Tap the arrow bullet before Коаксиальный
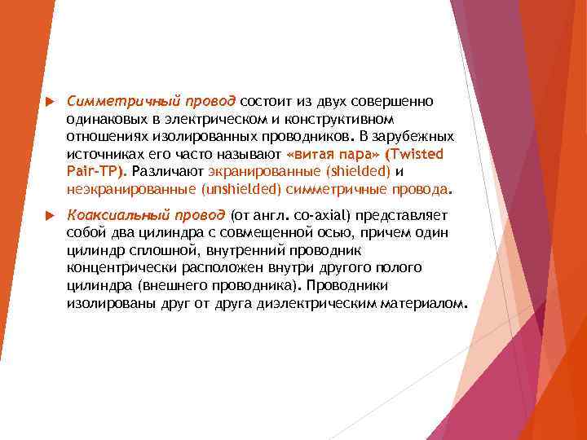click(x=47, y=215)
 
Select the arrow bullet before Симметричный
click(x=47, y=101)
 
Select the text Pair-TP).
click(x=96, y=171)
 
